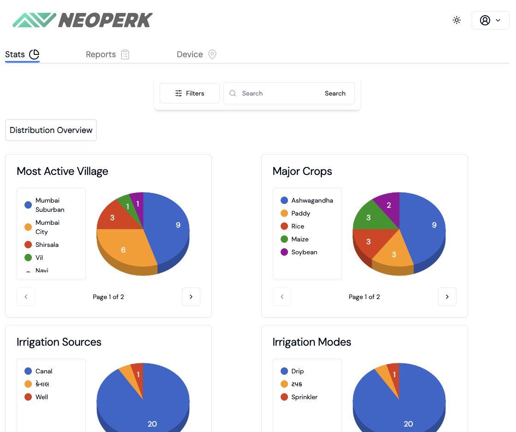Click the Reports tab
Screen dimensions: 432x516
tap(107, 54)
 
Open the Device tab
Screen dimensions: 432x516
tap(196, 54)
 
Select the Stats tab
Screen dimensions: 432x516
tap(22, 54)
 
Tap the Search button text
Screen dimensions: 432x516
tap(335, 93)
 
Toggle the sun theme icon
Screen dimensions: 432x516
tap(456, 20)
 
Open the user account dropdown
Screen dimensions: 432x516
tap(490, 20)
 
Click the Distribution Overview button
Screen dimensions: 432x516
tap(51, 130)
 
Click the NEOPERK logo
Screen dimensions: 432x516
tap(82, 20)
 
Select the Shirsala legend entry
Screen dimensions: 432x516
tap(47, 245)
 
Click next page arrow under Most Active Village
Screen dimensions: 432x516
tap(191, 297)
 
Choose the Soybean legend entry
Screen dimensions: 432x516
tap(304, 252)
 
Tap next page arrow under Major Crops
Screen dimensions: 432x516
tap(447, 297)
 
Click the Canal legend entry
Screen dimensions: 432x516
tap(43, 371)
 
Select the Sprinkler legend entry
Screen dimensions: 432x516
tap(304, 397)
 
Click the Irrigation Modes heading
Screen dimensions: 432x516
tap(312, 342)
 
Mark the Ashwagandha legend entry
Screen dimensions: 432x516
tap(312, 200)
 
